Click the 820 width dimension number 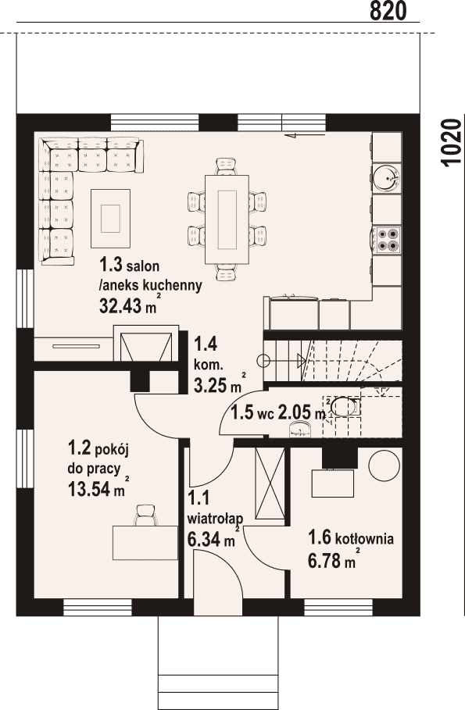tap(388, 11)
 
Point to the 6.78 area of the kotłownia tap(324, 561)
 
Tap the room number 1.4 tap(206, 344)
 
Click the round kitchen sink tap(387, 177)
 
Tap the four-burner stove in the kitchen tap(387, 239)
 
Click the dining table tap(227, 219)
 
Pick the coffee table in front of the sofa tap(111, 218)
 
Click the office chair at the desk tap(147, 516)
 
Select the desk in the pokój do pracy tap(145, 543)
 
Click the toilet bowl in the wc tap(345, 405)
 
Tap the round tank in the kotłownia tap(385, 465)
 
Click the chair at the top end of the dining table tap(227, 166)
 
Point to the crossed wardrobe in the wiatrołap tap(270, 483)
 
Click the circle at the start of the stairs tap(263, 360)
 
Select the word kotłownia tap(365, 539)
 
